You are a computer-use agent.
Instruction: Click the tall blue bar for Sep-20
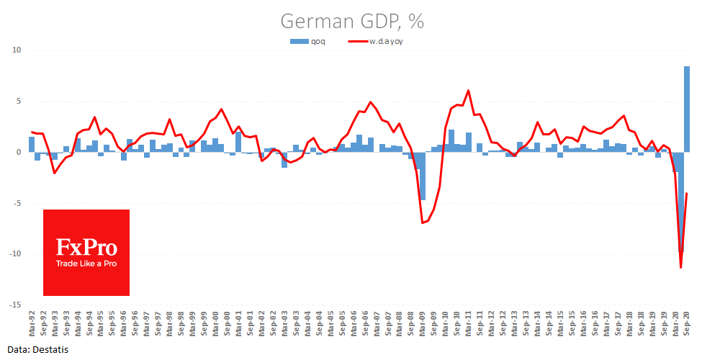[687, 108]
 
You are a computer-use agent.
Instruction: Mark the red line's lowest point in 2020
[681, 268]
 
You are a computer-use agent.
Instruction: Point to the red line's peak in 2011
[469, 91]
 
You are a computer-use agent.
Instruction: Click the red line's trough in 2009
[423, 223]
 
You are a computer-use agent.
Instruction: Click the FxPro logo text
[86, 248]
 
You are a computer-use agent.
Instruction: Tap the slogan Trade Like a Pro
[86, 264]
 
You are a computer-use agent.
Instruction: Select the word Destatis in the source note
[44, 348]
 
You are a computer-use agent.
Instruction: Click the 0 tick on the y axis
[21, 152]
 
